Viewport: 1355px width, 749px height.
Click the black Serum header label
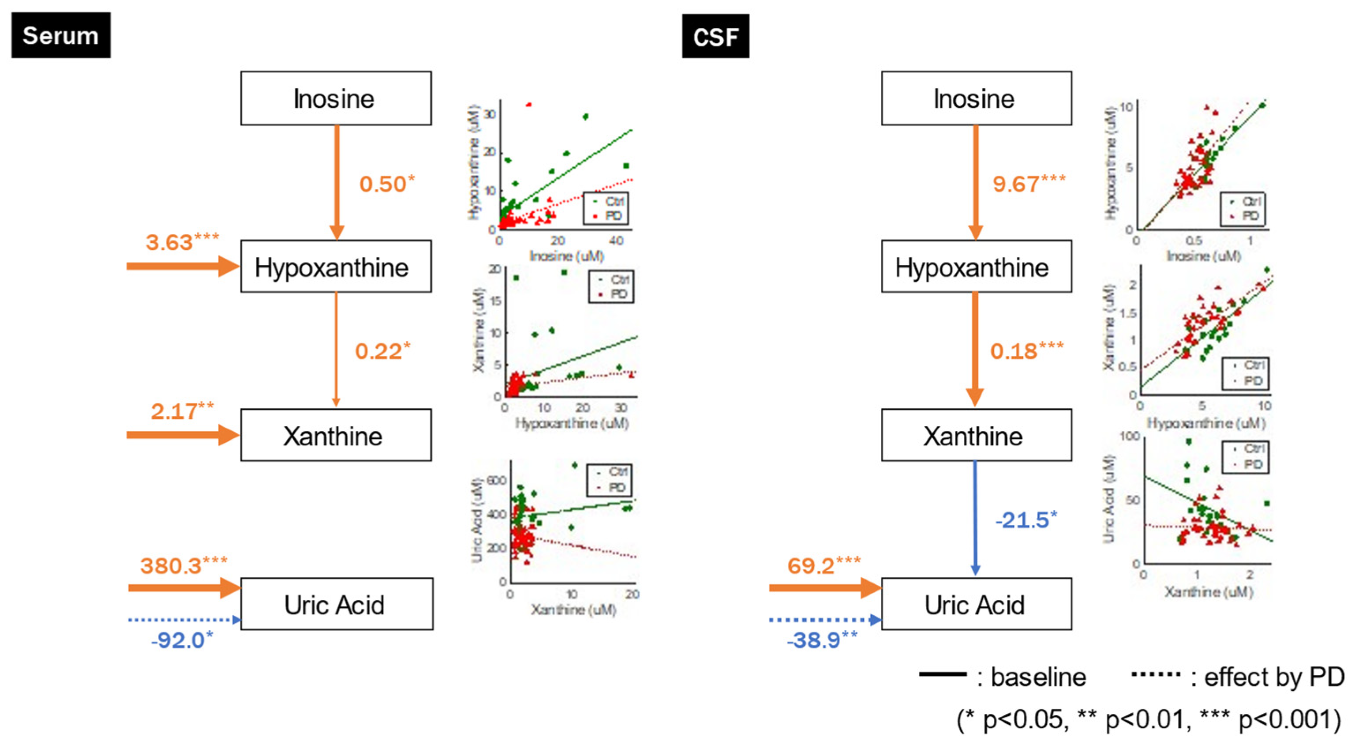(60, 35)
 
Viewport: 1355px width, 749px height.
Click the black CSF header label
(715, 36)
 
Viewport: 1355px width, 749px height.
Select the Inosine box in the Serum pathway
(336, 98)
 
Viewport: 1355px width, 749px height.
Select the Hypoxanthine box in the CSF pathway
(976, 267)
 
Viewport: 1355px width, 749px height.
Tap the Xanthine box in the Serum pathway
(336, 435)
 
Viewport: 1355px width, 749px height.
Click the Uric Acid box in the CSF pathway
(976, 604)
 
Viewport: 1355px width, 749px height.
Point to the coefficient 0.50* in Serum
(387, 183)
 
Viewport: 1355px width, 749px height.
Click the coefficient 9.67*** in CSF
(1028, 183)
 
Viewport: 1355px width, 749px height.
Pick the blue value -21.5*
(1026, 520)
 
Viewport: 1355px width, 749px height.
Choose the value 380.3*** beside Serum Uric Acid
(183, 565)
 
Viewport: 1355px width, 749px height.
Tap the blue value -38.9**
(822, 640)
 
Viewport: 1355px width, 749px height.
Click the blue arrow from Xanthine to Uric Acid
(975, 519)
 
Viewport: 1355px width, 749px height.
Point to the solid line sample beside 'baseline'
(942, 674)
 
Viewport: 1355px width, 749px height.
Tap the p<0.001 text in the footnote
(1289, 719)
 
